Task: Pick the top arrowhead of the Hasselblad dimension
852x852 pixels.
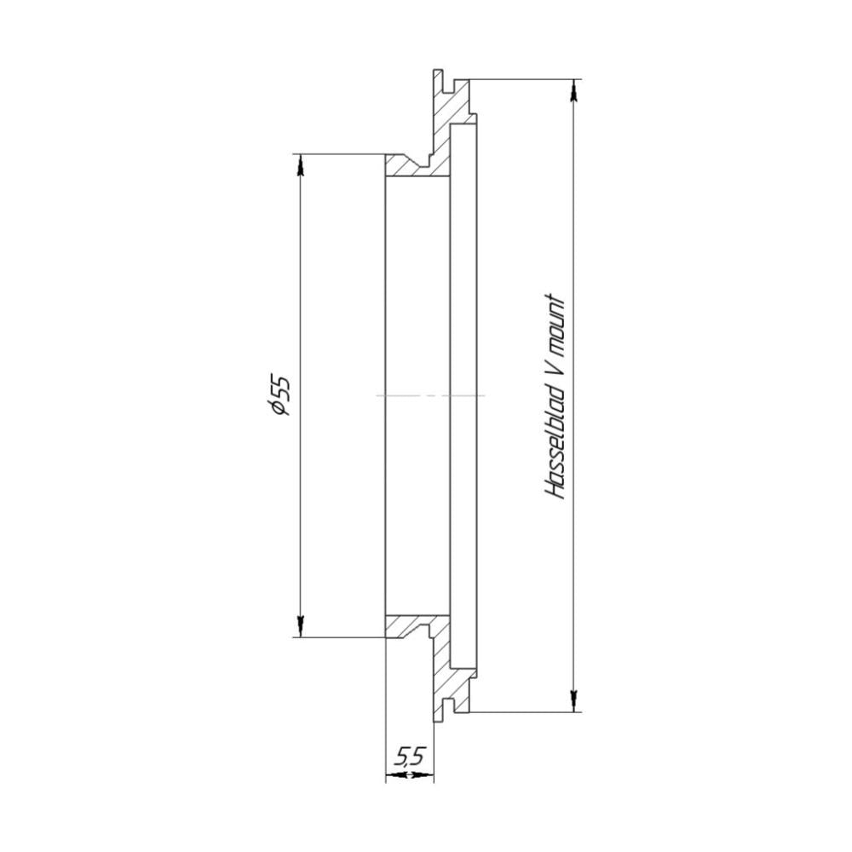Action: tap(573, 90)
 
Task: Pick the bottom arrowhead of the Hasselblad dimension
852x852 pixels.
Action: tap(573, 701)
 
